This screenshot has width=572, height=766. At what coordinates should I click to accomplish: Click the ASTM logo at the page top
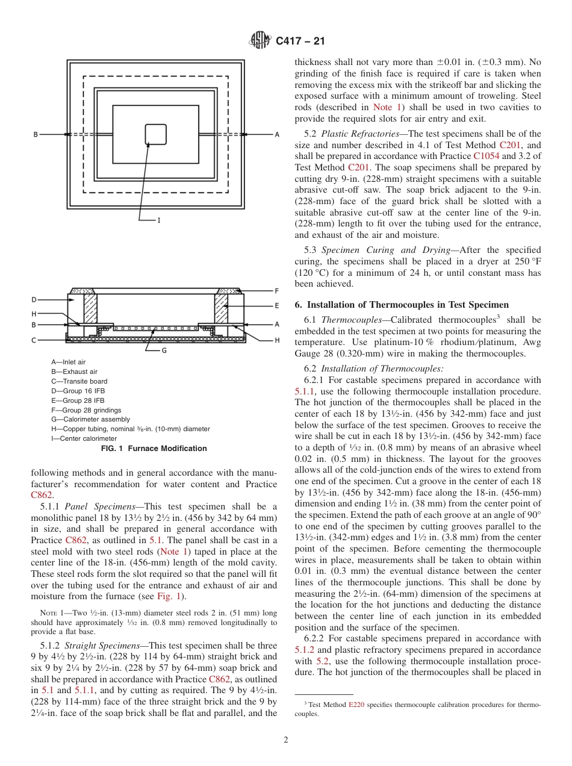[x=260, y=41]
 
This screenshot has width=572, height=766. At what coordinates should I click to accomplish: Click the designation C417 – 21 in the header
[x=300, y=42]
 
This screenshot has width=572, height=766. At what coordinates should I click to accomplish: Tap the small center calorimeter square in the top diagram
[x=156, y=134]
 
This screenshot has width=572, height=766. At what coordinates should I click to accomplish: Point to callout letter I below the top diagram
[x=158, y=220]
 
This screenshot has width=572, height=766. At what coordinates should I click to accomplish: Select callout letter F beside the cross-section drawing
[x=276, y=291]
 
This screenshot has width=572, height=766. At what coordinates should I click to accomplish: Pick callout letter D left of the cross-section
[x=34, y=300]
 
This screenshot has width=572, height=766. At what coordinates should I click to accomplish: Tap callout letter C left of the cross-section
[x=34, y=340]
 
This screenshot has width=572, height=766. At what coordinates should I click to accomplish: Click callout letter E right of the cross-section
[x=276, y=306]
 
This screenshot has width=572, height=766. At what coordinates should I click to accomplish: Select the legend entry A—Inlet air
[x=68, y=362]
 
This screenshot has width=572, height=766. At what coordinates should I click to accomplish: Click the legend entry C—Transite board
[x=79, y=381]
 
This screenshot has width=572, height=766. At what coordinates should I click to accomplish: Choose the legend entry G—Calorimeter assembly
[x=90, y=419]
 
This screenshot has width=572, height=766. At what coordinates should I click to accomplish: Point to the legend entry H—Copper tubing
[x=131, y=429]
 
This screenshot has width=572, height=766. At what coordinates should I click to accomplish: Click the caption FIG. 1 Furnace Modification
[x=154, y=449]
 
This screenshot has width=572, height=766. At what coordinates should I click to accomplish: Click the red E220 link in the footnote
[x=356, y=705]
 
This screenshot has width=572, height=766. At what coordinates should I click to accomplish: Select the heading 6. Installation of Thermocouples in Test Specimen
[x=402, y=305]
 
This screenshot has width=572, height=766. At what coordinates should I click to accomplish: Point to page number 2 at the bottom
[x=286, y=740]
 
